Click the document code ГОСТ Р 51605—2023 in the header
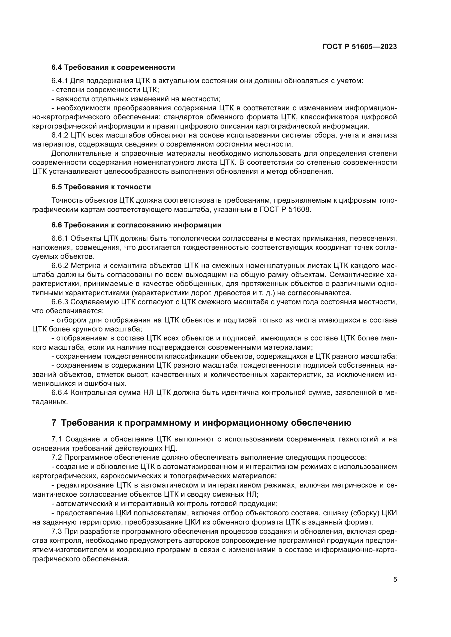click(360, 47)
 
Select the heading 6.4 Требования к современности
click(113, 68)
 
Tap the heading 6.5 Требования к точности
click(101, 187)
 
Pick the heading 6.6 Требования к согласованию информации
click(136, 225)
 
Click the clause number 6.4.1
click(60, 81)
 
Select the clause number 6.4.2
click(60, 135)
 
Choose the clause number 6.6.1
click(60, 239)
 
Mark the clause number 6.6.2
click(60, 266)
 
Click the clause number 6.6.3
click(60, 302)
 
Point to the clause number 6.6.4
click(60, 393)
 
